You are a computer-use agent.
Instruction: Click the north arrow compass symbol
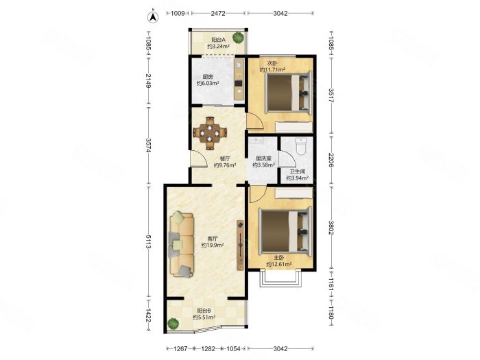coord(153,17)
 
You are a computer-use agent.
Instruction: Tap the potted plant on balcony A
coord(238,37)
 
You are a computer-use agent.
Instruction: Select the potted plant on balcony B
coord(173,324)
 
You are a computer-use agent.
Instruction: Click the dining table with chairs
coord(210,133)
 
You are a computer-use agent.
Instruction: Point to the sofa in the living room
coord(182,245)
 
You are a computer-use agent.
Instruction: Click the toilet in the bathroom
coord(301,146)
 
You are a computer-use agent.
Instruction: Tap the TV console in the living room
coord(240,245)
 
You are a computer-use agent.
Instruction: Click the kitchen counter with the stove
coord(239,80)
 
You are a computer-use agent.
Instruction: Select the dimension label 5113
coord(148,242)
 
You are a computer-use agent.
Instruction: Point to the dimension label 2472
coord(218,13)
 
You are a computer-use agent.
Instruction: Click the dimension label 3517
coord(331,96)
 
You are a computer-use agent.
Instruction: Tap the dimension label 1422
coord(148,315)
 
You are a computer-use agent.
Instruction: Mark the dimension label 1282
coord(208,348)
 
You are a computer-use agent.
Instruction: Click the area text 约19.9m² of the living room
coord(213,245)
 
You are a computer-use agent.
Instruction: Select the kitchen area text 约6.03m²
coord(208,83)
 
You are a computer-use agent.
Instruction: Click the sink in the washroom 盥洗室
coord(256,141)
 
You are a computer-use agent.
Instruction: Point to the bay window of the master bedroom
coord(280,278)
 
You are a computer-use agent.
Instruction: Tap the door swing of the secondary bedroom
coord(255,121)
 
